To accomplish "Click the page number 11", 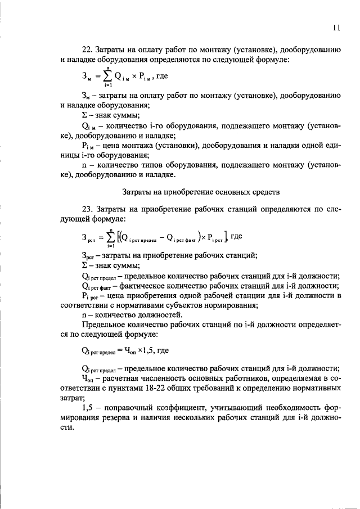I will coord(336,27).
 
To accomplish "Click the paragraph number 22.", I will coord(86,50).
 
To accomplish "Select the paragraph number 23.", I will coord(86,209).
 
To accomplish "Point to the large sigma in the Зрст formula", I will coord(111,236).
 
